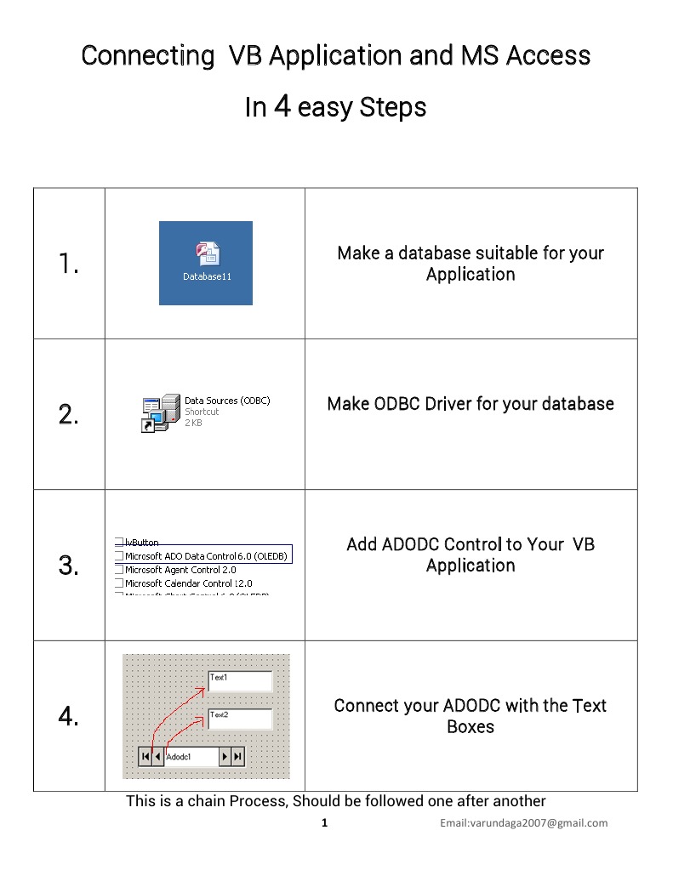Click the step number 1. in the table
click(69, 264)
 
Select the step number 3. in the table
click(69, 566)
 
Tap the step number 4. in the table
click(69, 717)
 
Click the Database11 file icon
click(207, 254)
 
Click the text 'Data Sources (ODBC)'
click(227, 401)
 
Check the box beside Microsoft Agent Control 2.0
click(119, 570)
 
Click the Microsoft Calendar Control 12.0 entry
click(188, 583)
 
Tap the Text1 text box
click(239, 680)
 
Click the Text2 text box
click(239, 719)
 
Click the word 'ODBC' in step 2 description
click(402, 403)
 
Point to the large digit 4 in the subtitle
click(282, 106)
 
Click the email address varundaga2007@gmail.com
click(523, 822)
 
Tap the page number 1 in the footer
click(324, 822)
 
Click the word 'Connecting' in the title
click(148, 56)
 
